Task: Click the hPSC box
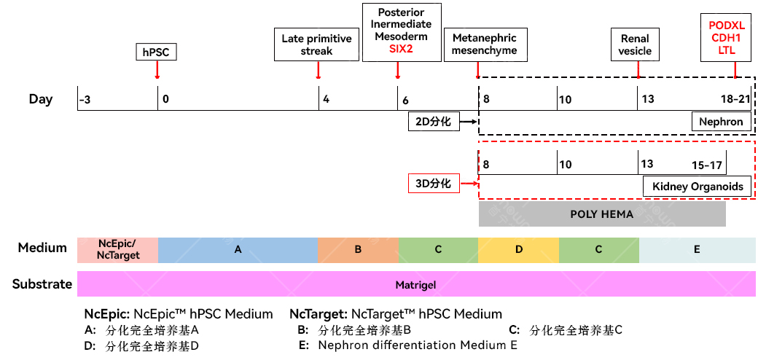coord(156,52)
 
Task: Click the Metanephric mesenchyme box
coord(485,44)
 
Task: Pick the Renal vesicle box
coord(636,44)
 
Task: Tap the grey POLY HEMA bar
coord(602,214)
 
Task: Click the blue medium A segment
coord(238,250)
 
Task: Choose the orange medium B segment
coord(358,250)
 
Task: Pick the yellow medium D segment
coord(518,250)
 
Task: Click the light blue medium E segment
coord(697,250)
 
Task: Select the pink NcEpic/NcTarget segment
coord(117,250)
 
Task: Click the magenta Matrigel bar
coord(416,284)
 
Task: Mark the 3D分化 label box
coord(433,183)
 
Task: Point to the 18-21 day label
coord(735,99)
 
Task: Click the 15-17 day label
coord(706,165)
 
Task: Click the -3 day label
coord(85,100)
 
